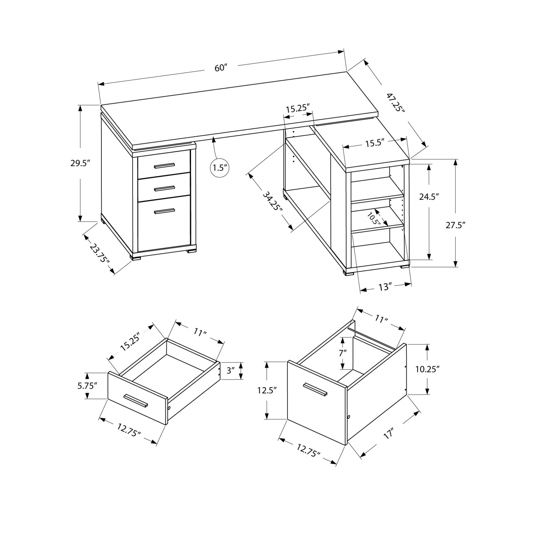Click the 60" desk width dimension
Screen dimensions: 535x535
pyautogui.click(x=221, y=68)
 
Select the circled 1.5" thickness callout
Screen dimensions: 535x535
pyautogui.click(x=220, y=168)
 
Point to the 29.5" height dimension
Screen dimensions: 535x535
pyautogui.click(x=80, y=163)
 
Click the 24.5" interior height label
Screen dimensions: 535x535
pyautogui.click(x=429, y=197)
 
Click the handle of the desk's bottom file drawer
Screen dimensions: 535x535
pyautogui.click(x=165, y=211)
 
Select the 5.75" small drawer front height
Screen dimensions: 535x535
pyautogui.click(x=87, y=386)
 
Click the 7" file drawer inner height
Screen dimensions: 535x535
pyautogui.click(x=343, y=353)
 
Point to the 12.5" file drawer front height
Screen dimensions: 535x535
pyautogui.click(x=267, y=391)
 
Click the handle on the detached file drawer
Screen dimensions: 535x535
pyautogui.click(x=315, y=389)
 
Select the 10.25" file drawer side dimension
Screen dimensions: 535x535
pyautogui.click(x=427, y=369)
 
